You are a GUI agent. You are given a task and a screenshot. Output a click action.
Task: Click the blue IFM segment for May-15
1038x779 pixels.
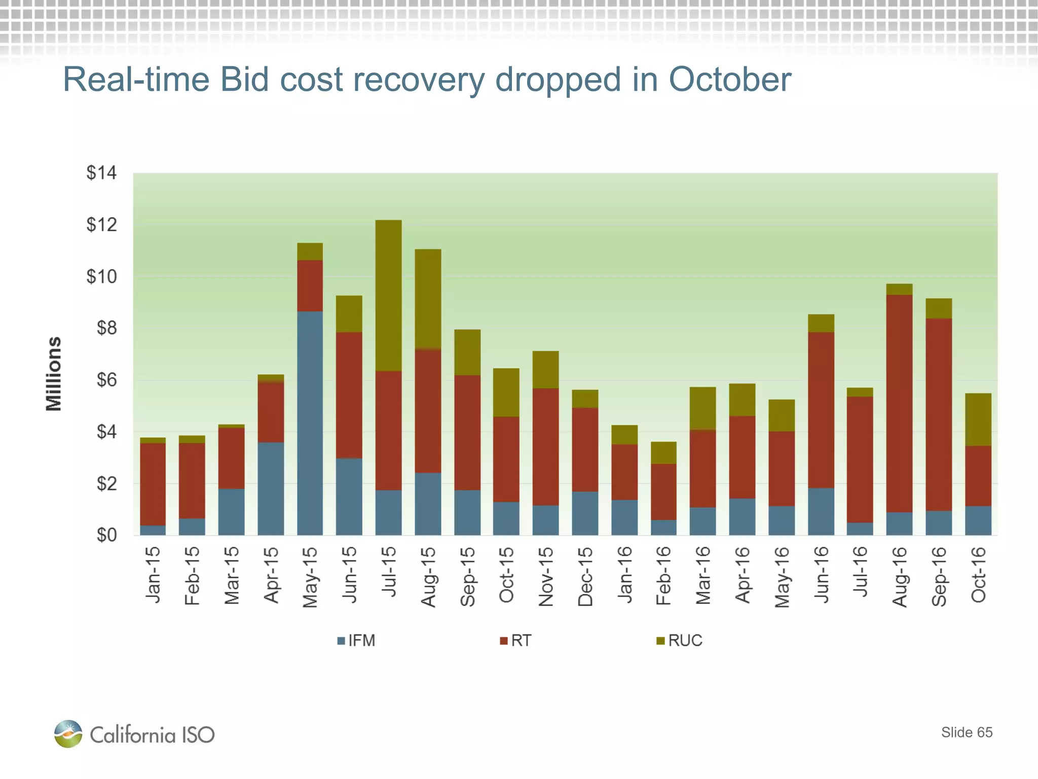point(310,423)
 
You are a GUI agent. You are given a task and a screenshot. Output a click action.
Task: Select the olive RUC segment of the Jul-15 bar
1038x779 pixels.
point(388,295)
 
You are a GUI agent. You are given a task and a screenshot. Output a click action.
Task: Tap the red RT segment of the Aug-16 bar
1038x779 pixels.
point(899,403)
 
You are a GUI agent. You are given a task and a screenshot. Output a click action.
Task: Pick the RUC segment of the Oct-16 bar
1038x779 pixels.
point(978,419)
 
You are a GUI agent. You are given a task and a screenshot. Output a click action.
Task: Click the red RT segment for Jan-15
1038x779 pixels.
point(153,484)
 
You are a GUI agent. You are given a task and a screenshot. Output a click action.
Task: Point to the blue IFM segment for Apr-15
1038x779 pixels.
point(271,488)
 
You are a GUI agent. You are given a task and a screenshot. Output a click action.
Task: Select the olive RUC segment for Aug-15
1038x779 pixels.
point(428,299)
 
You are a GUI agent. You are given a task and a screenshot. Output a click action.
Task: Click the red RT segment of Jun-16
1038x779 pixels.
point(821,410)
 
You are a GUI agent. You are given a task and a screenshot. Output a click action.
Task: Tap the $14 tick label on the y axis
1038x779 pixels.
point(101,173)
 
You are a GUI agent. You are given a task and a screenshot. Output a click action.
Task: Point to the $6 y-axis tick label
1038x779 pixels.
point(106,380)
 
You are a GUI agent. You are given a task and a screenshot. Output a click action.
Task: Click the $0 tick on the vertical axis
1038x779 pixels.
point(106,535)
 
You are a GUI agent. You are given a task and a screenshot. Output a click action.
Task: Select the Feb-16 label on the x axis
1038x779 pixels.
point(663,576)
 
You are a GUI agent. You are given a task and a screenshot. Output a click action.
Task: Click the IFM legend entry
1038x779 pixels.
point(356,641)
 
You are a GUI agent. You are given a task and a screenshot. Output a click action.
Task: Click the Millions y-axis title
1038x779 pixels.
point(53,374)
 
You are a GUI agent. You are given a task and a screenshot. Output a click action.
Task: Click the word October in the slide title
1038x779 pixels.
point(730,80)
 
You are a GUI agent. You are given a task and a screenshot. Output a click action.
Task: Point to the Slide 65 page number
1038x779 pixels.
point(967,732)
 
